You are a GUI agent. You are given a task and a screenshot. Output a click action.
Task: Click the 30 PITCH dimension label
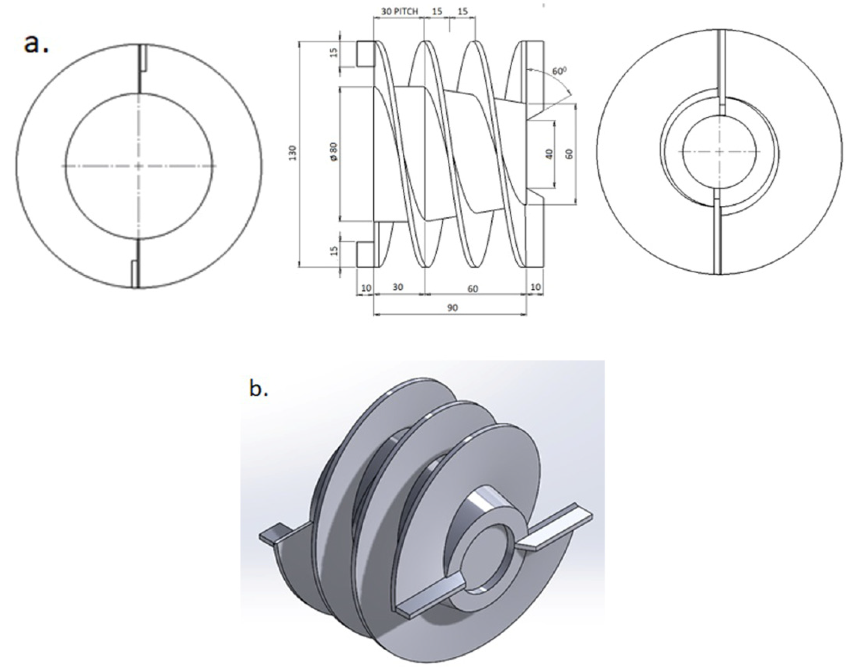(399, 11)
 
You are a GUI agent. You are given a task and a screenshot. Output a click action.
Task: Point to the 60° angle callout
(559, 71)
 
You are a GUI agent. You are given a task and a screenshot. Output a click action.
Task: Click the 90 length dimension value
(453, 308)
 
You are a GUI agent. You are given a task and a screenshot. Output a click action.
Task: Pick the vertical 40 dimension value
(549, 154)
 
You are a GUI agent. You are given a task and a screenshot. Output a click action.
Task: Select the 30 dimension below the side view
(398, 287)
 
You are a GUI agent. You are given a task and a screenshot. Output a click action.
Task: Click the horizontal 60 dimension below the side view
(473, 289)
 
